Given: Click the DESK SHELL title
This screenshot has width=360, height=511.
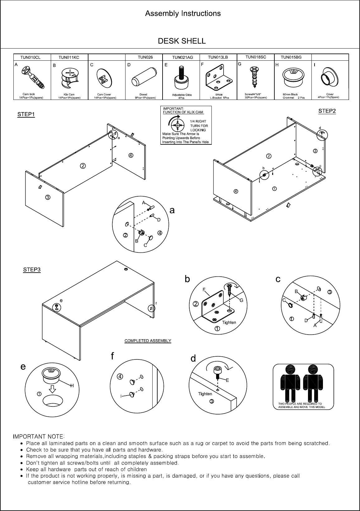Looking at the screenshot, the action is (182, 41).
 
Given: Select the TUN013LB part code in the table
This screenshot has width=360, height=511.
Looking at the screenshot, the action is (218, 57).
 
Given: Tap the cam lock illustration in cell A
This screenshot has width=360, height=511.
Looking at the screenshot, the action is (33, 77).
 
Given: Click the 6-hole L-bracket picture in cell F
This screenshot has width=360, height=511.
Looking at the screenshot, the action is (219, 78).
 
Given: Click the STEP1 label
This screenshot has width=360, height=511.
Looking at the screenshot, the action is (26, 114).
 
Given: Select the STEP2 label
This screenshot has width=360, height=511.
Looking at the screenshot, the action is (327, 111).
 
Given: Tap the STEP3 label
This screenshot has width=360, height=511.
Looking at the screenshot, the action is (32, 270).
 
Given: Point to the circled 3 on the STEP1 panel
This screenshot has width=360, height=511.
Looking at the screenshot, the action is (48, 197).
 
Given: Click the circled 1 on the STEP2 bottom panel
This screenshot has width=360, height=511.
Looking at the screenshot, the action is (275, 189).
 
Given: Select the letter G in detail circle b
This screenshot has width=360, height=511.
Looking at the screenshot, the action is (241, 300).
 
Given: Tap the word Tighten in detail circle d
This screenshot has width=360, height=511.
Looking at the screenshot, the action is (205, 394).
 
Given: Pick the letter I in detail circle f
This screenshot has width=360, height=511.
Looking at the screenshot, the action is (121, 396).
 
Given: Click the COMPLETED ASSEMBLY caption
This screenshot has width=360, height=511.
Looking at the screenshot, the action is (148, 340).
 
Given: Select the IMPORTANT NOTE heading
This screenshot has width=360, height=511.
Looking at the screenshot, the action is (39, 436).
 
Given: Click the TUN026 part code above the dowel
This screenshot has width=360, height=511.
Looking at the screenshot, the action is (145, 57).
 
